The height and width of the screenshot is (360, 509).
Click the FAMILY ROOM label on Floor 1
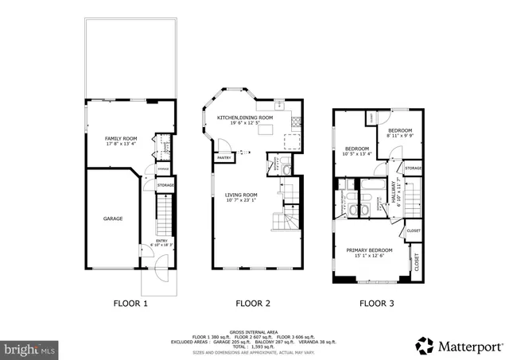tap(122, 139)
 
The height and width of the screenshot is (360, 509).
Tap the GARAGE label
tap(113, 218)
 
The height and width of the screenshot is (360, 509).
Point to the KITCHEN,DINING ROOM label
tap(245, 118)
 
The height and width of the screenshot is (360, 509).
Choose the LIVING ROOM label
tap(240, 195)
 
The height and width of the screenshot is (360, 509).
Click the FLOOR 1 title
tap(130, 303)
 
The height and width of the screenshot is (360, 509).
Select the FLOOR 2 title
tap(253, 303)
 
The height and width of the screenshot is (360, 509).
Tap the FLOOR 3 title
tap(375, 303)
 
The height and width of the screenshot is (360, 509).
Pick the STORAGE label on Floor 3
tap(413, 168)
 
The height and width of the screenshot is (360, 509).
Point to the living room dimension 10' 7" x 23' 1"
tap(240, 200)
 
